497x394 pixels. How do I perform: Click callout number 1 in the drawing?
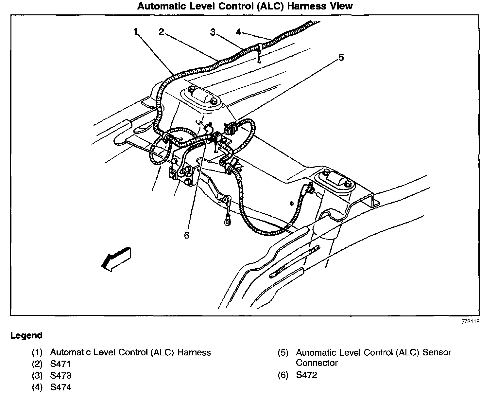tap(136, 32)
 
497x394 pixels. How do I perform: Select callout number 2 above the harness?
tap(161, 32)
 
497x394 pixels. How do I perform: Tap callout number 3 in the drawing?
tap(213, 32)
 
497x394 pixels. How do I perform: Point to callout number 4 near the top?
tap(238, 32)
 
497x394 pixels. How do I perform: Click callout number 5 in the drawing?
tap(341, 58)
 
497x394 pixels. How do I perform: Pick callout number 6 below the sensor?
tap(186, 235)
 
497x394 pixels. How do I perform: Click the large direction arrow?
tap(116, 259)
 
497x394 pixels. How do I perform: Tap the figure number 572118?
tap(470, 322)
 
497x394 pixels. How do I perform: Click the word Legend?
tap(26, 335)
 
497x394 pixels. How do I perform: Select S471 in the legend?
tap(60, 364)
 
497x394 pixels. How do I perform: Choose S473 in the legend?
tap(60, 375)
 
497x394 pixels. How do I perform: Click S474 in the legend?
tap(60, 387)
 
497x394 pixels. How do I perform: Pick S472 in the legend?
tap(306, 375)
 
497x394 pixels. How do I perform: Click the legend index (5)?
tap(283, 353)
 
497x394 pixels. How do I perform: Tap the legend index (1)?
tap(37, 352)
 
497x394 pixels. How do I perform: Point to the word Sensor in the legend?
tap(437, 352)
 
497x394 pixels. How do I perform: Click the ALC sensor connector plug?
tap(231, 129)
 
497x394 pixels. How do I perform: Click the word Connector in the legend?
tap(317, 363)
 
